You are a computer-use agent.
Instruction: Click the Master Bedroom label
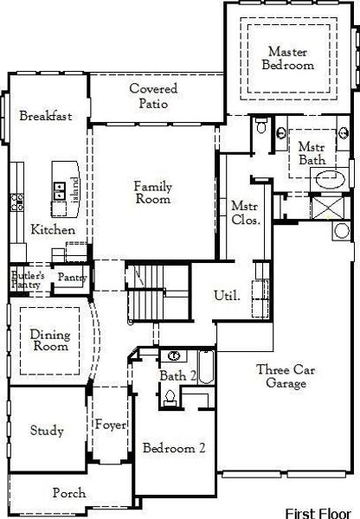point(288,58)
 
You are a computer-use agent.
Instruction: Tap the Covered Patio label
point(153,96)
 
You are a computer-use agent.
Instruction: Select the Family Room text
point(153,192)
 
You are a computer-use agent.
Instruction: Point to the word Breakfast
point(46,116)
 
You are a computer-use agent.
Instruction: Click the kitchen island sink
point(60,191)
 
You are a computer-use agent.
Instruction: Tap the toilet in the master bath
point(261,125)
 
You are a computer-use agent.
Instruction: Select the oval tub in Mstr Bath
point(330,179)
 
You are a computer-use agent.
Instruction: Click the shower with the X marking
point(327,208)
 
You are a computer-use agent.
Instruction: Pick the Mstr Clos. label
point(245,213)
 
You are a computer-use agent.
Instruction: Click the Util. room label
point(227,295)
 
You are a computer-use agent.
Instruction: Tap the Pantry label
point(72,278)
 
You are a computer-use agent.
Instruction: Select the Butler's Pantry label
point(28,280)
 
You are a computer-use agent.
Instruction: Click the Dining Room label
point(50,340)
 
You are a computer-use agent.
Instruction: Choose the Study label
point(47,430)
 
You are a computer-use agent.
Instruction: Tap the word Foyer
point(111,425)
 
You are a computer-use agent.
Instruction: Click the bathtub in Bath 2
point(206,367)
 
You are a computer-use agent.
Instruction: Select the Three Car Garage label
point(286,376)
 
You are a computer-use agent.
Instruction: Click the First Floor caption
point(318,513)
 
